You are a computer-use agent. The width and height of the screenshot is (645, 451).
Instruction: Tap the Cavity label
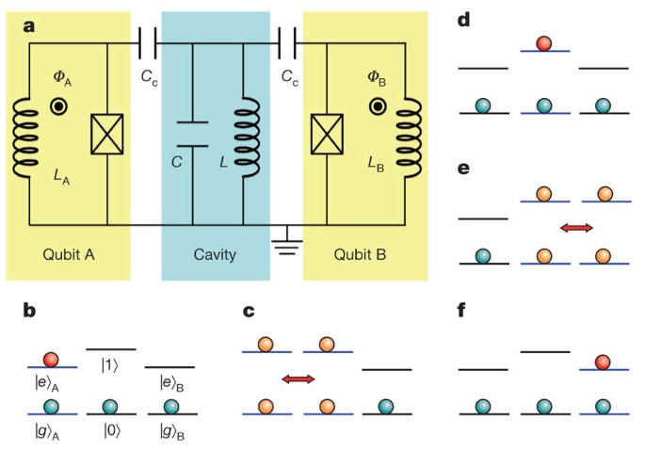216,253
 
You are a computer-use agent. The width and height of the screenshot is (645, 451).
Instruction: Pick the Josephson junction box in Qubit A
106,137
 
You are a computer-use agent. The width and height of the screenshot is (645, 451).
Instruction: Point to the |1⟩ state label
111,363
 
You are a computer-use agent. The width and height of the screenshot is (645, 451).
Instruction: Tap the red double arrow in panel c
298,379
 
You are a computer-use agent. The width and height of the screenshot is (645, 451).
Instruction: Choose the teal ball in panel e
483,255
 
